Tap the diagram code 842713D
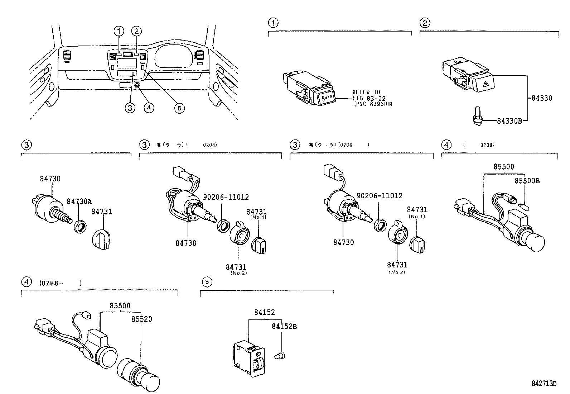544,383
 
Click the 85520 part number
141,319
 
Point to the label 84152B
284,326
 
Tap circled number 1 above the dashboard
119,31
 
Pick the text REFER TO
367,92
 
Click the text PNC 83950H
375,104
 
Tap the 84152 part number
265,312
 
